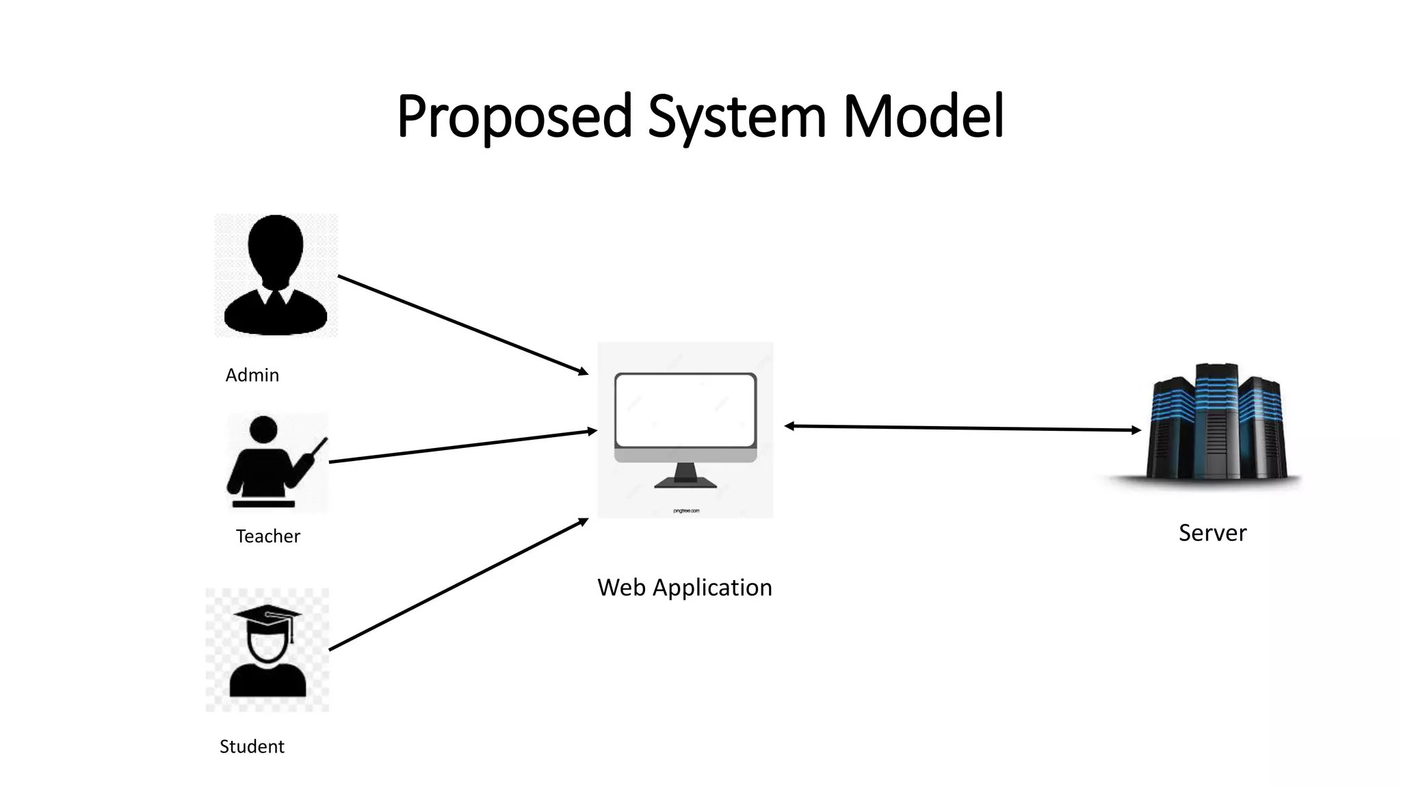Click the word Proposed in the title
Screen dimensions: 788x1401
[514, 116]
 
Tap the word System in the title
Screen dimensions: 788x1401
[737, 116]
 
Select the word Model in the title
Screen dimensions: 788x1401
[923, 116]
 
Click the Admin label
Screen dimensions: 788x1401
[252, 375]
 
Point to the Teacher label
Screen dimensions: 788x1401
[267, 536]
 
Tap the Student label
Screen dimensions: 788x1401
[251, 746]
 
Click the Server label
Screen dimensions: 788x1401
[1212, 533]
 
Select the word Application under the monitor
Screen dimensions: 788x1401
[712, 588]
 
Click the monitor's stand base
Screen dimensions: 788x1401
[685, 483]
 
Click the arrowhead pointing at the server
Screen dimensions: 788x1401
[1136, 430]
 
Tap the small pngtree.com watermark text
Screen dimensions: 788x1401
[686, 511]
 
